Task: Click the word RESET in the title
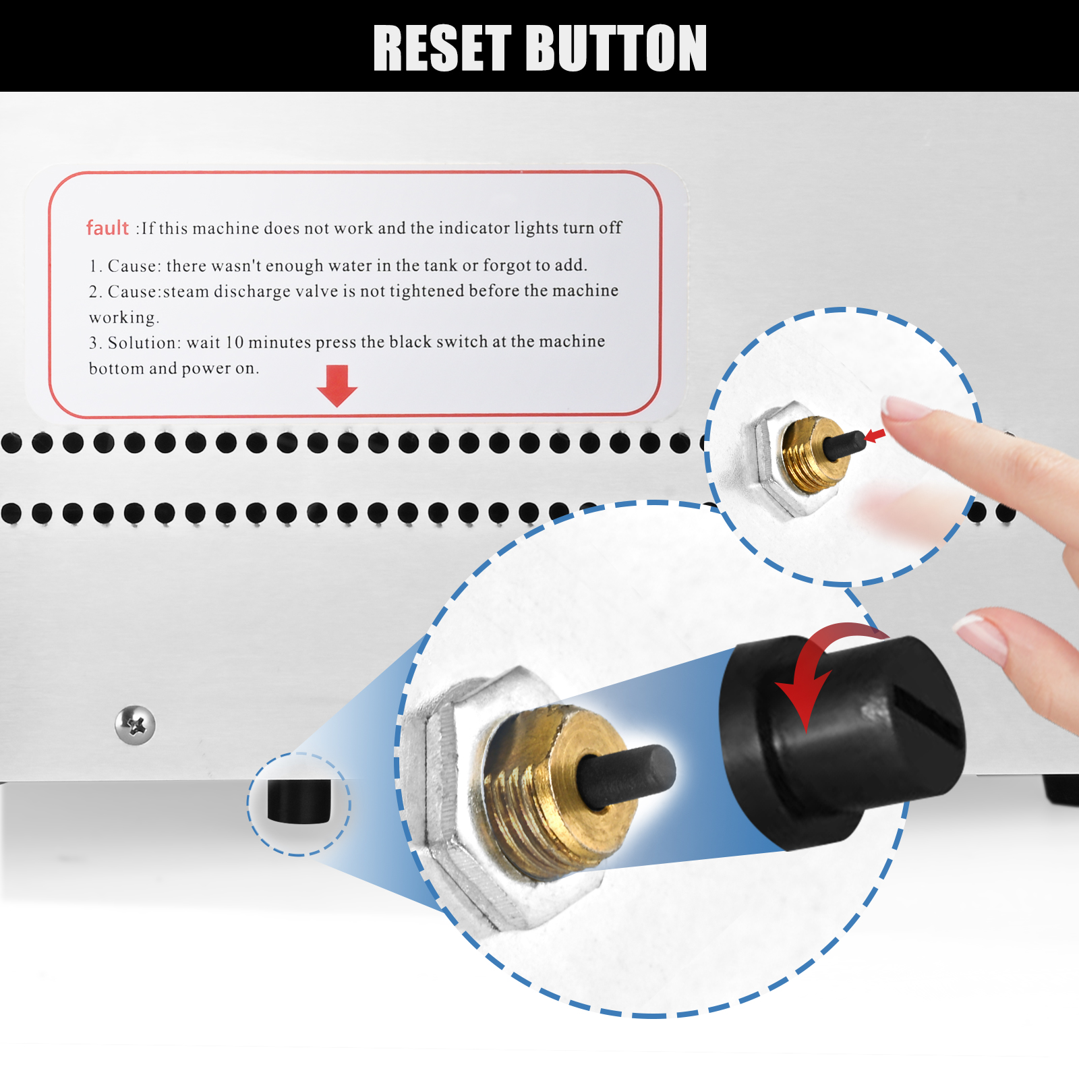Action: [442, 48]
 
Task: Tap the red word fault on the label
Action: [107, 228]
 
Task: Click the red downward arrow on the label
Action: [337, 386]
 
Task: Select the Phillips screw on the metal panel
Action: [135, 726]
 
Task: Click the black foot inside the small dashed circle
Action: [299, 801]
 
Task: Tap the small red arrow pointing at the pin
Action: [875, 436]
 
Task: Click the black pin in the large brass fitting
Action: [627, 776]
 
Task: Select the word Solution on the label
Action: [142, 343]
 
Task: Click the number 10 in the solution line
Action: [234, 343]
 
